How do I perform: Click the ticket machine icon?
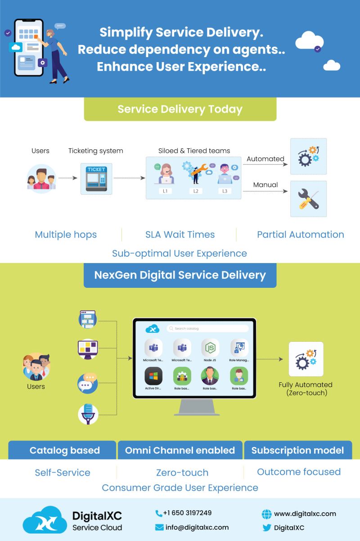(x=96, y=179)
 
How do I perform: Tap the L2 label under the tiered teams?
(x=196, y=191)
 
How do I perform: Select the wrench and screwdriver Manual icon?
(x=308, y=199)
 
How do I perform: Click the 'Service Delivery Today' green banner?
(x=180, y=109)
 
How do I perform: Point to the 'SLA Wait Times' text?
(x=180, y=234)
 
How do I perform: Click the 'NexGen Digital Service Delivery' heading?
(x=180, y=275)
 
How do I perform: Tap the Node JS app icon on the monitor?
(x=210, y=349)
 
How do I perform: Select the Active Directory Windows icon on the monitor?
(x=153, y=376)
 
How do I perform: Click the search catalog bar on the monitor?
(x=207, y=329)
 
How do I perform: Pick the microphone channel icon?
(x=88, y=413)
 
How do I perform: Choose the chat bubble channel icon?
(x=88, y=382)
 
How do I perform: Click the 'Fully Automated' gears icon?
(x=306, y=359)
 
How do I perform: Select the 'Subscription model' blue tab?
(x=297, y=450)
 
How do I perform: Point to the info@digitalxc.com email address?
(x=196, y=527)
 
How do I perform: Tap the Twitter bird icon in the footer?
(x=267, y=528)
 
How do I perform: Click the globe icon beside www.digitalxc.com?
(x=267, y=514)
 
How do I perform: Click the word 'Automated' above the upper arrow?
(x=265, y=159)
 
